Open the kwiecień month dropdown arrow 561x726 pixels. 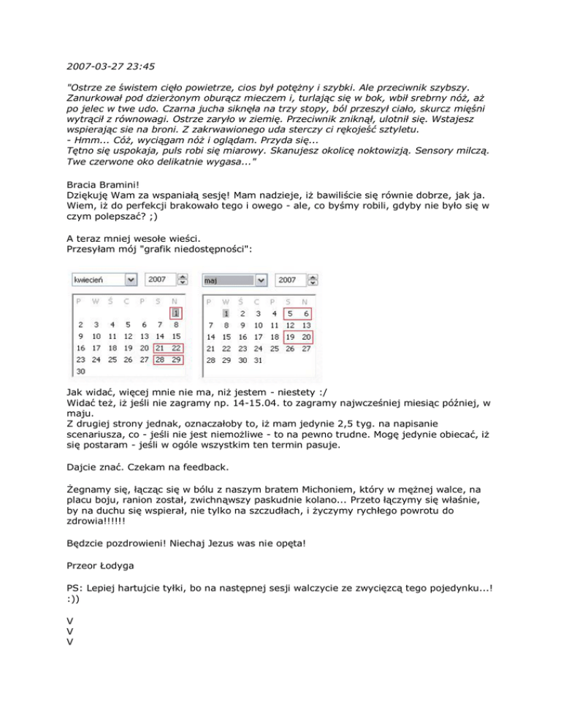coord(130,280)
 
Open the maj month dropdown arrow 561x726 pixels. coord(261,280)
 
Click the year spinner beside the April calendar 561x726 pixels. coord(183,280)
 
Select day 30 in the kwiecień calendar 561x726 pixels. coord(80,370)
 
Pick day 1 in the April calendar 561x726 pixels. coord(175,313)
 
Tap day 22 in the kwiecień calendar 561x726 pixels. coord(175,347)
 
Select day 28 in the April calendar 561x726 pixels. coord(160,359)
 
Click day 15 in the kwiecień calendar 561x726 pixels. coord(175,336)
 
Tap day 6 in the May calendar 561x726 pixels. coord(306,313)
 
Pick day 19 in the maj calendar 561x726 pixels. coord(291,336)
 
